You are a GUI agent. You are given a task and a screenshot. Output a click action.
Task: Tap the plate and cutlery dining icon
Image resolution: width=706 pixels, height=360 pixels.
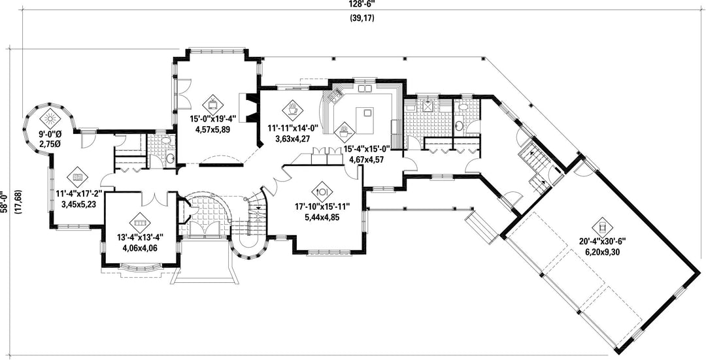click(x=322, y=191)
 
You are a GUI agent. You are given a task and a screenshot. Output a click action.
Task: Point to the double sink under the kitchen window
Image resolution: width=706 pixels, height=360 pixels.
click(x=365, y=88)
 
